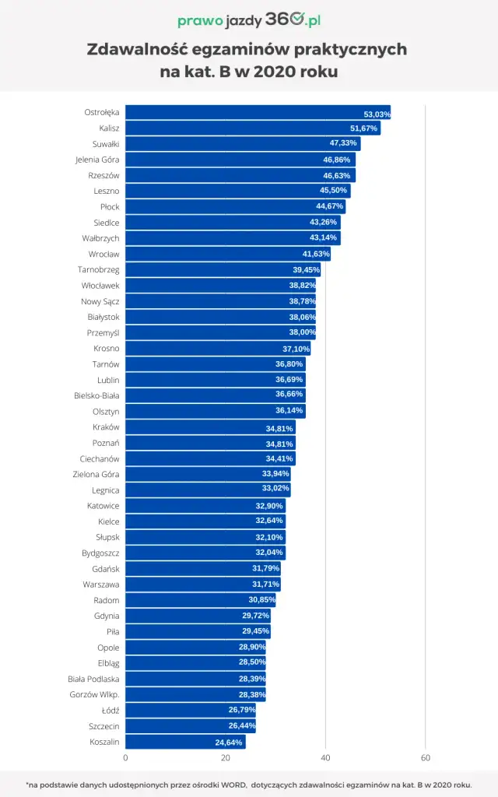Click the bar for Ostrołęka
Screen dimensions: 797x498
257,113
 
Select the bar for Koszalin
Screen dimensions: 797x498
185,742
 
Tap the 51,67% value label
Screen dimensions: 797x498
363,128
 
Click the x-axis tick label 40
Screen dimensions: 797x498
325,757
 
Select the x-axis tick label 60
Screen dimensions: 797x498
425,757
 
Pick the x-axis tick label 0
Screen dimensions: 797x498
125,757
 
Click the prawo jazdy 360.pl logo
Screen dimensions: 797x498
249,21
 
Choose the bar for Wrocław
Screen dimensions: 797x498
227,254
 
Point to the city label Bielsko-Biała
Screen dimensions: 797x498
96,395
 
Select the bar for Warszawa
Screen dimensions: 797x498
202,584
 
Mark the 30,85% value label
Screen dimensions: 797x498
261,600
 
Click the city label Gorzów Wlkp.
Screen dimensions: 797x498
94,694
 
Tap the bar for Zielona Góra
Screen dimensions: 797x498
208,474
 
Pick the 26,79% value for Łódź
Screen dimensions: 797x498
241,711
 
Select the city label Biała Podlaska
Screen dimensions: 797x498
93,679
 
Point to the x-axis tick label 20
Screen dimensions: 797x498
226,757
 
